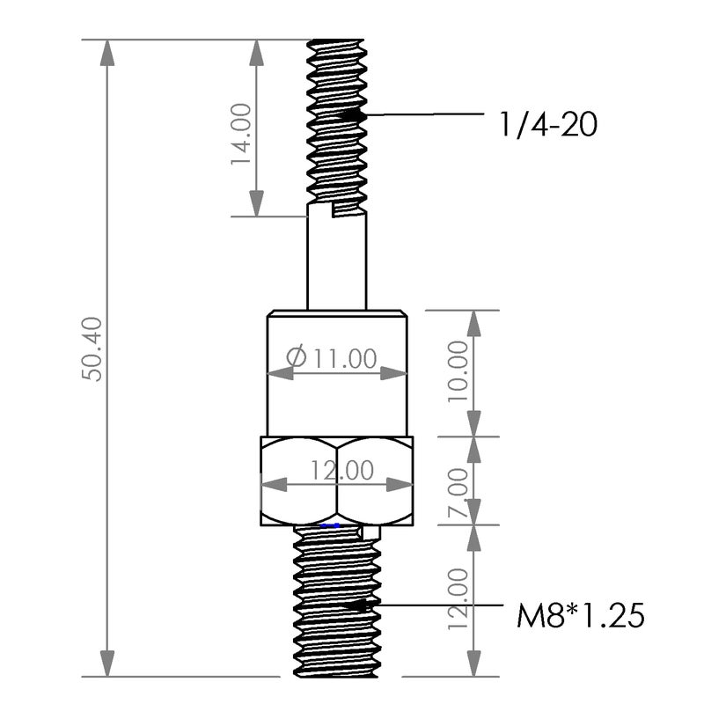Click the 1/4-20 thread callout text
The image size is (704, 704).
click(x=547, y=124)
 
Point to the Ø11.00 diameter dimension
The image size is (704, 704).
click(x=333, y=358)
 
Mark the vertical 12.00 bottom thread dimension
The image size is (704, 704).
click(x=458, y=599)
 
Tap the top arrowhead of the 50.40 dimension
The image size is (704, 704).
click(x=107, y=44)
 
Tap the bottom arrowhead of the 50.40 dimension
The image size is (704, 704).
click(x=107, y=672)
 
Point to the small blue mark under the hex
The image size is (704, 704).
click(x=331, y=525)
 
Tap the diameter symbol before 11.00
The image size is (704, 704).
click(x=297, y=358)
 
